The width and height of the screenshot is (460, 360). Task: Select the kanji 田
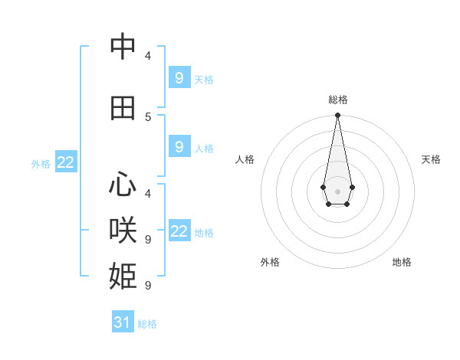pos(123,108)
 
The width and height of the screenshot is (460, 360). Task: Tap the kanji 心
pos(123,185)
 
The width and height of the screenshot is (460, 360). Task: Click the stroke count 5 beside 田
pos(148,116)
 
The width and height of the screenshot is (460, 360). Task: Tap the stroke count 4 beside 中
pos(148,55)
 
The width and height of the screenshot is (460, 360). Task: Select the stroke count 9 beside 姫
pos(148,285)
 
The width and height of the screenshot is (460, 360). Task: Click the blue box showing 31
pos(123,322)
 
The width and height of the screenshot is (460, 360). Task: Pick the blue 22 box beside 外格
pos(66,162)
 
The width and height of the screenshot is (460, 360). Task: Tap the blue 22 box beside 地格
pos(179,231)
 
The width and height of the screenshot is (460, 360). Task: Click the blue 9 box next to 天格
pos(179,77)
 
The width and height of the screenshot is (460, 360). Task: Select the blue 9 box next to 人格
pos(179,146)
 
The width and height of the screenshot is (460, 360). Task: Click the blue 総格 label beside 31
pos(147,324)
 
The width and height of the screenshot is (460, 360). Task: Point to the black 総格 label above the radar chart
pos(337,100)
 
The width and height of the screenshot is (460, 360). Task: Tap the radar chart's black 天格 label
pos(431,159)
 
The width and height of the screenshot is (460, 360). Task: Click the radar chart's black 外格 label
pos(270,262)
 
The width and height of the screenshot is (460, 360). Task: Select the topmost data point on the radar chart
pos(337,116)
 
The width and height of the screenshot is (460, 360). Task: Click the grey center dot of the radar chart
pos(337,190)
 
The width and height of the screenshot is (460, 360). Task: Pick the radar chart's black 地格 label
pos(402,262)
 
